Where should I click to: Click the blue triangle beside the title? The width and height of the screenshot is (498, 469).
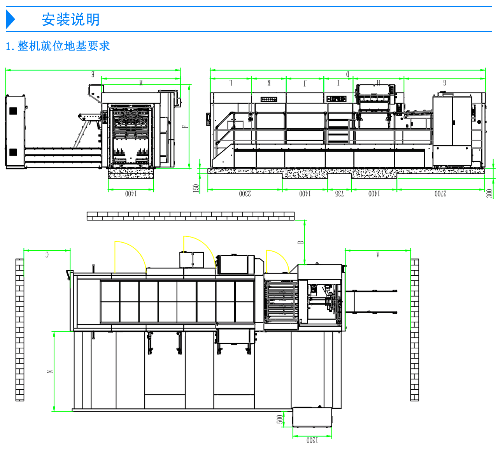(11, 20)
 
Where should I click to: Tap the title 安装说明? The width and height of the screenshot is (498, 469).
(71, 20)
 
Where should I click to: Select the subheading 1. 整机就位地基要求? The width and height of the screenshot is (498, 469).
(58, 46)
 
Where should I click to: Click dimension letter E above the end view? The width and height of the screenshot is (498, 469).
(93, 74)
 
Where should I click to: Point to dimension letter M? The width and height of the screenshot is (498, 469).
(141, 82)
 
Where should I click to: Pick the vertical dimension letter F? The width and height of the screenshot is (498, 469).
(185, 126)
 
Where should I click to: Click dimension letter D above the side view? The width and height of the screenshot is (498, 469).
(348, 74)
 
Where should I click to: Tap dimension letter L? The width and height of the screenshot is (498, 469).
(231, 82)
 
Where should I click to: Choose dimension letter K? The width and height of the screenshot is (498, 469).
(269, 82)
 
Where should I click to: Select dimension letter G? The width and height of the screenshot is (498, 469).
(445, 82)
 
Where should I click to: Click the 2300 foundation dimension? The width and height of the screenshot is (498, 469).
(245, 194)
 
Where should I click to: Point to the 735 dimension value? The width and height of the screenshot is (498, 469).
(340, 194)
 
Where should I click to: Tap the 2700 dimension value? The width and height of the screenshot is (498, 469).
(440, 194)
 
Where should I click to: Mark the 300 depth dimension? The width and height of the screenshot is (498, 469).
(489, 193)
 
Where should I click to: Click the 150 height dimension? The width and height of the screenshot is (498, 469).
(196, 188)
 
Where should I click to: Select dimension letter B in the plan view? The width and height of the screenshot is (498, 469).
(301, 242)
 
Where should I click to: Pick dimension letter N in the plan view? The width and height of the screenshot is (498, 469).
(50, 371)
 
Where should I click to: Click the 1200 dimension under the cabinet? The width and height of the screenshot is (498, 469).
(312, 440)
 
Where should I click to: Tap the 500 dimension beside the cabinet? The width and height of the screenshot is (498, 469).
(280, 419)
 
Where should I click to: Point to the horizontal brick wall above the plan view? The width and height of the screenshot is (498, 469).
(191, 216)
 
